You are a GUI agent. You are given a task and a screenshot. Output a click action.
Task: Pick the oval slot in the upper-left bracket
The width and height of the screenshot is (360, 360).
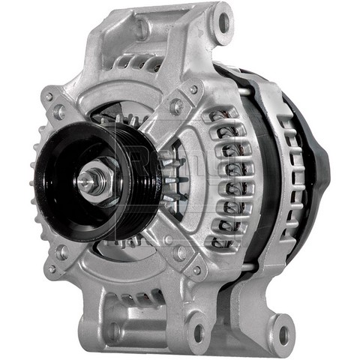tap(141, 31)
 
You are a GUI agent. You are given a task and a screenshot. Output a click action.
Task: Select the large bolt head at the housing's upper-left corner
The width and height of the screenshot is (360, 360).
tap(59, 113)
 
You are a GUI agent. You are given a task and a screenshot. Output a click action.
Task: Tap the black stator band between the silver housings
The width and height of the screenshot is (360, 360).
tap(262, 165)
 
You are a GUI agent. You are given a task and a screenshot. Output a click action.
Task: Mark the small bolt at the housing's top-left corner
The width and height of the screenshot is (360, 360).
tap(48, 96)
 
